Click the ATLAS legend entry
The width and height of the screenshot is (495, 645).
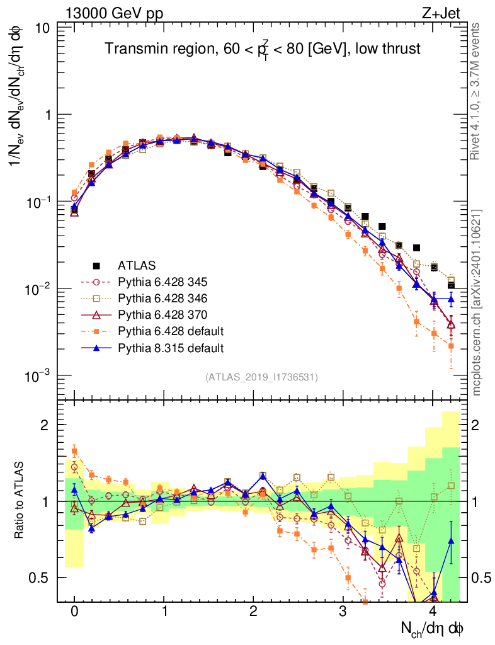[135, 265]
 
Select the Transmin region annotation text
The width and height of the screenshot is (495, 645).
[262, 49]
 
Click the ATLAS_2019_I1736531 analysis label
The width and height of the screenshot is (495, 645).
[261, 377]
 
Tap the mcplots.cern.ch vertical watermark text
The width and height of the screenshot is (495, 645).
[477, 302]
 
